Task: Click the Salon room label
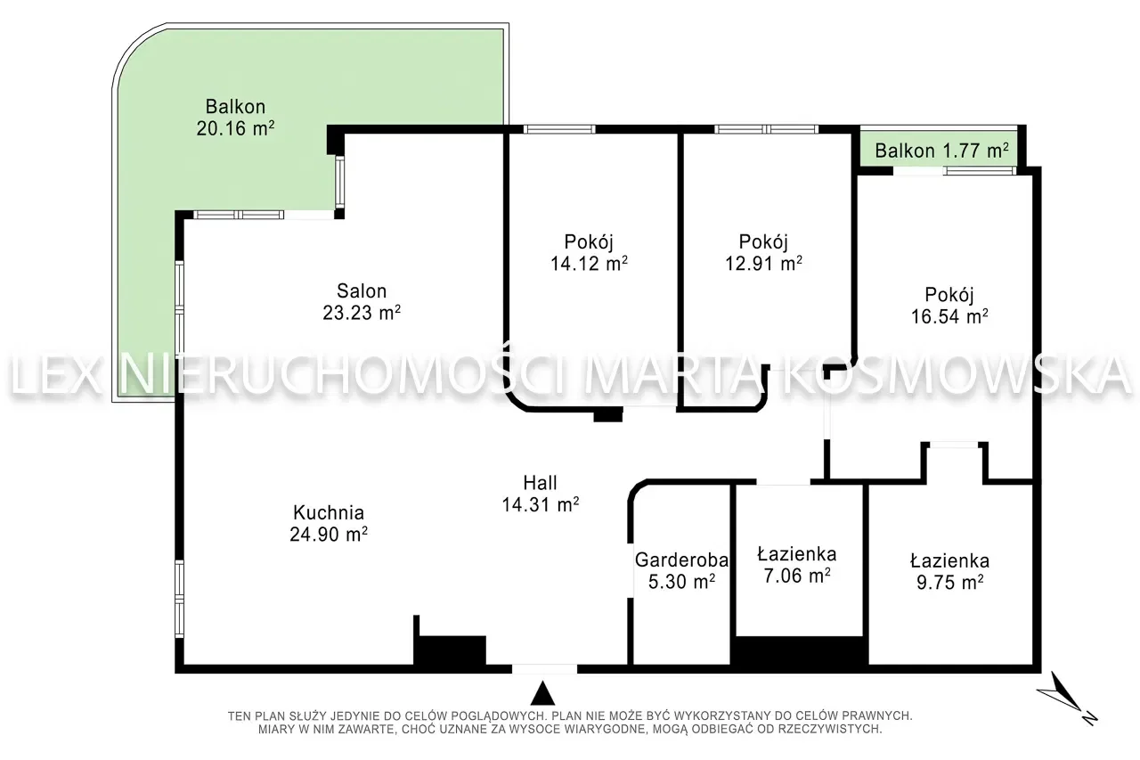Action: coord(362,290)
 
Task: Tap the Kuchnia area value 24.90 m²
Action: coord(329,534)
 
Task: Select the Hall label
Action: coord(540,482)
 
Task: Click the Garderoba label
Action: coord(681,560)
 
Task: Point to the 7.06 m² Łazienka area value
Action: coord(797,576)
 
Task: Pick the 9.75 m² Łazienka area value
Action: coord(949,583)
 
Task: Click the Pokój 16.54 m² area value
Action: coord(949,316)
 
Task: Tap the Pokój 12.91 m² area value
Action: coord(763,263)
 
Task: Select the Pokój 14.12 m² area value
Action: coord(589,263)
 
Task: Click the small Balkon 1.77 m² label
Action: coord(942,151)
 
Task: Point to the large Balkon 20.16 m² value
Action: coord(235,128)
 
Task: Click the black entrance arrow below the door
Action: coord(543,693)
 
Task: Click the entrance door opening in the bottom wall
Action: coord(544,669)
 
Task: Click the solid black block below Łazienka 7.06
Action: coord(800,650)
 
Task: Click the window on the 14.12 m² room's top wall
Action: coord(559,129)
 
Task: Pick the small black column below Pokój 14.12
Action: coord(608,415)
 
